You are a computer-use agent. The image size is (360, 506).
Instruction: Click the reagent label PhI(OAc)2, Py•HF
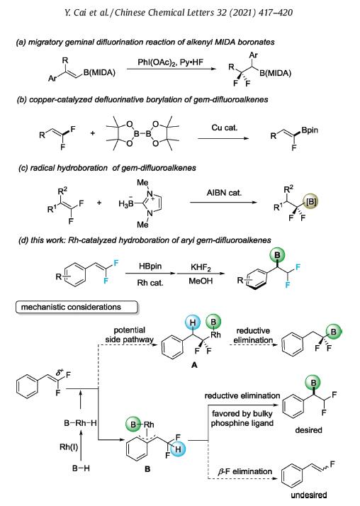click(x=170, y=62)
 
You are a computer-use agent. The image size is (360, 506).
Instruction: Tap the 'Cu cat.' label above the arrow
click(x=224, y=128)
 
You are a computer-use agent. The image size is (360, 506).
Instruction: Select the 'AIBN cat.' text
click(x=224, y=193)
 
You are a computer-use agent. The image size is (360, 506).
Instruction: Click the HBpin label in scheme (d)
click(x=150, y=266)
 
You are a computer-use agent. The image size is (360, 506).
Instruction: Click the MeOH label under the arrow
click(x=201, y=281)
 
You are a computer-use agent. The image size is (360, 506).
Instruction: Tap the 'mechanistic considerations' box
click(x=77, y=307)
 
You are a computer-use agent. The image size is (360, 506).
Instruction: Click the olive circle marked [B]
click(x=311, y=202)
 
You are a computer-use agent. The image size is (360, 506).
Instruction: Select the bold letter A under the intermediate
click(x=194, y=365)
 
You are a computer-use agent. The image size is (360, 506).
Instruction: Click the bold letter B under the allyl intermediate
click(x=147, y=469)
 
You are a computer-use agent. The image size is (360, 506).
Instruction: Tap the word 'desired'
click(x=308, y=430)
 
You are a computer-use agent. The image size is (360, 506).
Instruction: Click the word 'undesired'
click(x=309, y=495)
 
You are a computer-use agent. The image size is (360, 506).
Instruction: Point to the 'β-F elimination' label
click(x=244, y=471)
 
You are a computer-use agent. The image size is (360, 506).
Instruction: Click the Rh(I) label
click(x=69, y=447)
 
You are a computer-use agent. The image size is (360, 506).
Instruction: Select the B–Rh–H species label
click(x=80, y=423)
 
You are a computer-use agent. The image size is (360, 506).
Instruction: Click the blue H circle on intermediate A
click(x=193, y=322)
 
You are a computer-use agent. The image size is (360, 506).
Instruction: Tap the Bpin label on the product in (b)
click(x=310, y=130)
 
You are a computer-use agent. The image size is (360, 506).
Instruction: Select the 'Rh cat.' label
click(x=150, y=283)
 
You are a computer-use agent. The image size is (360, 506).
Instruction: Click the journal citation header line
click(x=179, y=13)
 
